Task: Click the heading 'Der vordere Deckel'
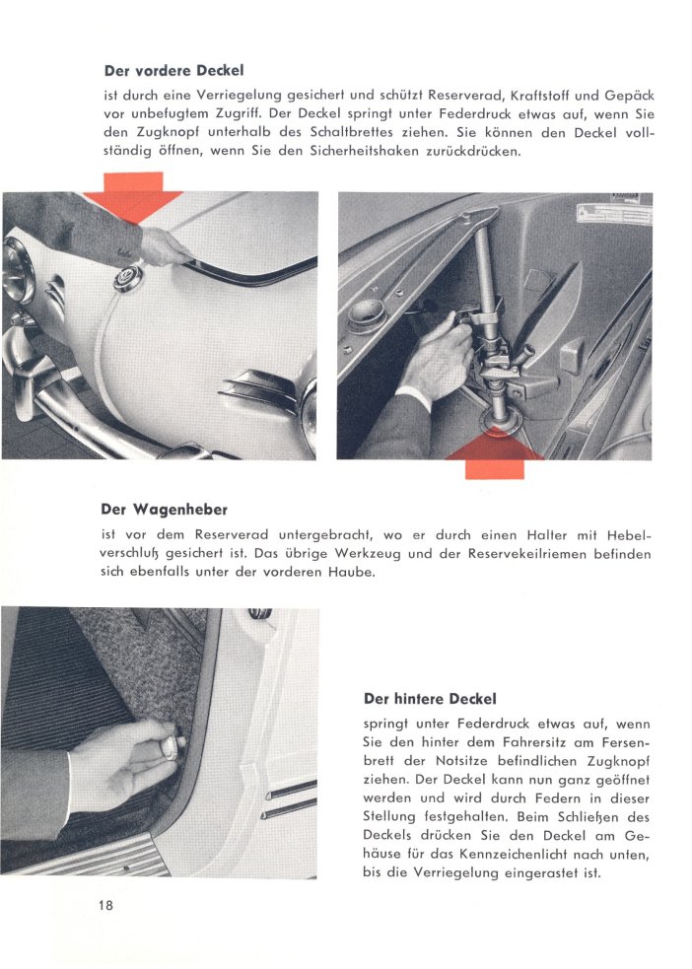click(173, 70)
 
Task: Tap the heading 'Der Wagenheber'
click(164, 510)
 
